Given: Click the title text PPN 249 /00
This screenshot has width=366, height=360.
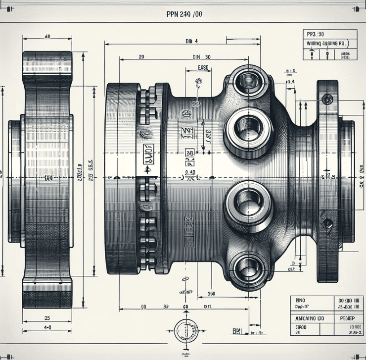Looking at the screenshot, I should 184,14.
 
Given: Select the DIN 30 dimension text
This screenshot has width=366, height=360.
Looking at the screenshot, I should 201,57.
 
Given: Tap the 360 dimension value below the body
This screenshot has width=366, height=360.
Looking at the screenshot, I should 211,294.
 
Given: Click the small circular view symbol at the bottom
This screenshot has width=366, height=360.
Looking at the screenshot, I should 186,330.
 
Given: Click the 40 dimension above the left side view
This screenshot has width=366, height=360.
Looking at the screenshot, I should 47,37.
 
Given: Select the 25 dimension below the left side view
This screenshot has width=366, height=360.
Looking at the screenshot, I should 47,317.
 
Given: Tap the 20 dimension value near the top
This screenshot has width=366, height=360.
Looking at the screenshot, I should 141,57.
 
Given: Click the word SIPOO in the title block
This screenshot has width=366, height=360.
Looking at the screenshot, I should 301,328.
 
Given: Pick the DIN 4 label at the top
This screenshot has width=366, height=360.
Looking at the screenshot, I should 191,42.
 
